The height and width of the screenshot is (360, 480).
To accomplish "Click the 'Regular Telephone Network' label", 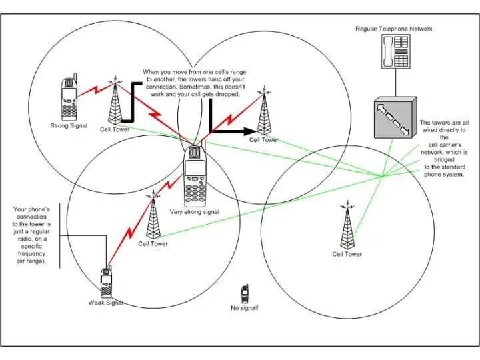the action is (x=394, y=29).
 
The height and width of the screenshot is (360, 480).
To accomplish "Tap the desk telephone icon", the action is (x=395, y=51).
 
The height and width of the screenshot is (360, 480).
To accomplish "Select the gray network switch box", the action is (x=395, y=117).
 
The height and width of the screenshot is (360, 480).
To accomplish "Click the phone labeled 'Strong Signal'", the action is (x=69, y=97).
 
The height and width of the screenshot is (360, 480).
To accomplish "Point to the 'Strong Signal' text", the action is (x=69, y=125).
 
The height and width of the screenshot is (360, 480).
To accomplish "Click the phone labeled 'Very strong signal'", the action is (x=195, y=175).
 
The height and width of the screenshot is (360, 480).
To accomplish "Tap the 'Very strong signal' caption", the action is (x=195, y=212).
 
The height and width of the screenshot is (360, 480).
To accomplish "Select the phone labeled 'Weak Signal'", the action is (x=106, y=281).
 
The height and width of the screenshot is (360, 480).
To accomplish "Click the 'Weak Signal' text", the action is (x=105, y=303).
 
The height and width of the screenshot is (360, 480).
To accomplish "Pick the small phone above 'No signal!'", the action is (x=245, y=293).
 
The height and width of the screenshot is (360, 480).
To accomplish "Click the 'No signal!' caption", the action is (x=244, y=308).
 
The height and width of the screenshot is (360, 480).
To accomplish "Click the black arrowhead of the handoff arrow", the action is (x=250, y=131).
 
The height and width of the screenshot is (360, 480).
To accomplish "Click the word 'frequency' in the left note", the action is (x=31, y=254).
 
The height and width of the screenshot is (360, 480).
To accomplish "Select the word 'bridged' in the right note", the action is (x=444, y=160).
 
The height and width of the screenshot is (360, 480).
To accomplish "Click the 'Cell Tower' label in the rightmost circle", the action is (x=347, y=254).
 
